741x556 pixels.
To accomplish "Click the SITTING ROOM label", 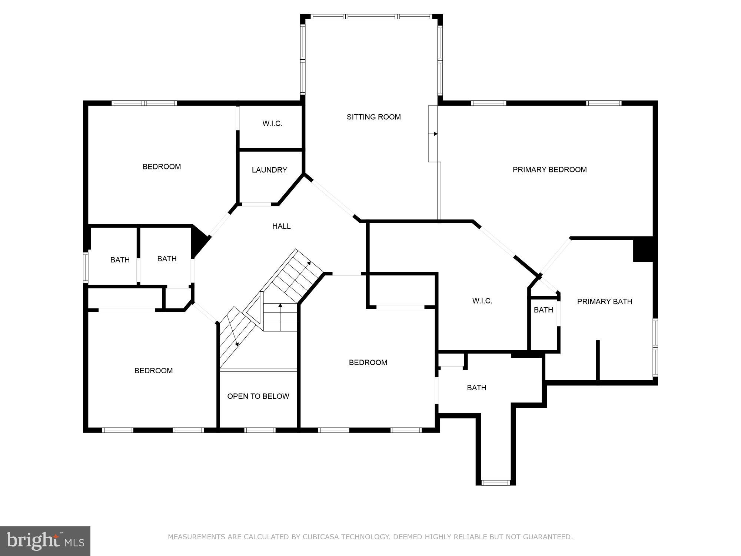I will [373, 117].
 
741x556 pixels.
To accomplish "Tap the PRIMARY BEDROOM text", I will [549, 170].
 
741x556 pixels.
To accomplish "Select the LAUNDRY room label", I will [269, 170].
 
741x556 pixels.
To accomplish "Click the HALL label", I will [281, 226].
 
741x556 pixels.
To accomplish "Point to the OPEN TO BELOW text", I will [258, 396].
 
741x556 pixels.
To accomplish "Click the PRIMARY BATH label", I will [604, 302].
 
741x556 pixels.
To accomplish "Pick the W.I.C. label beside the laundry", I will [272, 124].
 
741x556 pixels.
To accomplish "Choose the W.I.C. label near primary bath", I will [482, 301].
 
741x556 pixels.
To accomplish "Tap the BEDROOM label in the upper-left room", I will [162, 167].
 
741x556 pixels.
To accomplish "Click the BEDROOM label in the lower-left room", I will [153, 371].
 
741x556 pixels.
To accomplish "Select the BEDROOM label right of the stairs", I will [368, 363].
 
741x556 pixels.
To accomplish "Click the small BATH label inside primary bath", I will [543, 310].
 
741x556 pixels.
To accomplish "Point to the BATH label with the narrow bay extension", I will [476, 388].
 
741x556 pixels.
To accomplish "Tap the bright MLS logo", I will [45, 541].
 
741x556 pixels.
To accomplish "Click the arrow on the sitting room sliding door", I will [435, 134].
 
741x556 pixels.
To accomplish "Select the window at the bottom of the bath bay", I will [495, 482].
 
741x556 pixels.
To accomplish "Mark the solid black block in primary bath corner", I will [643, 249].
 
